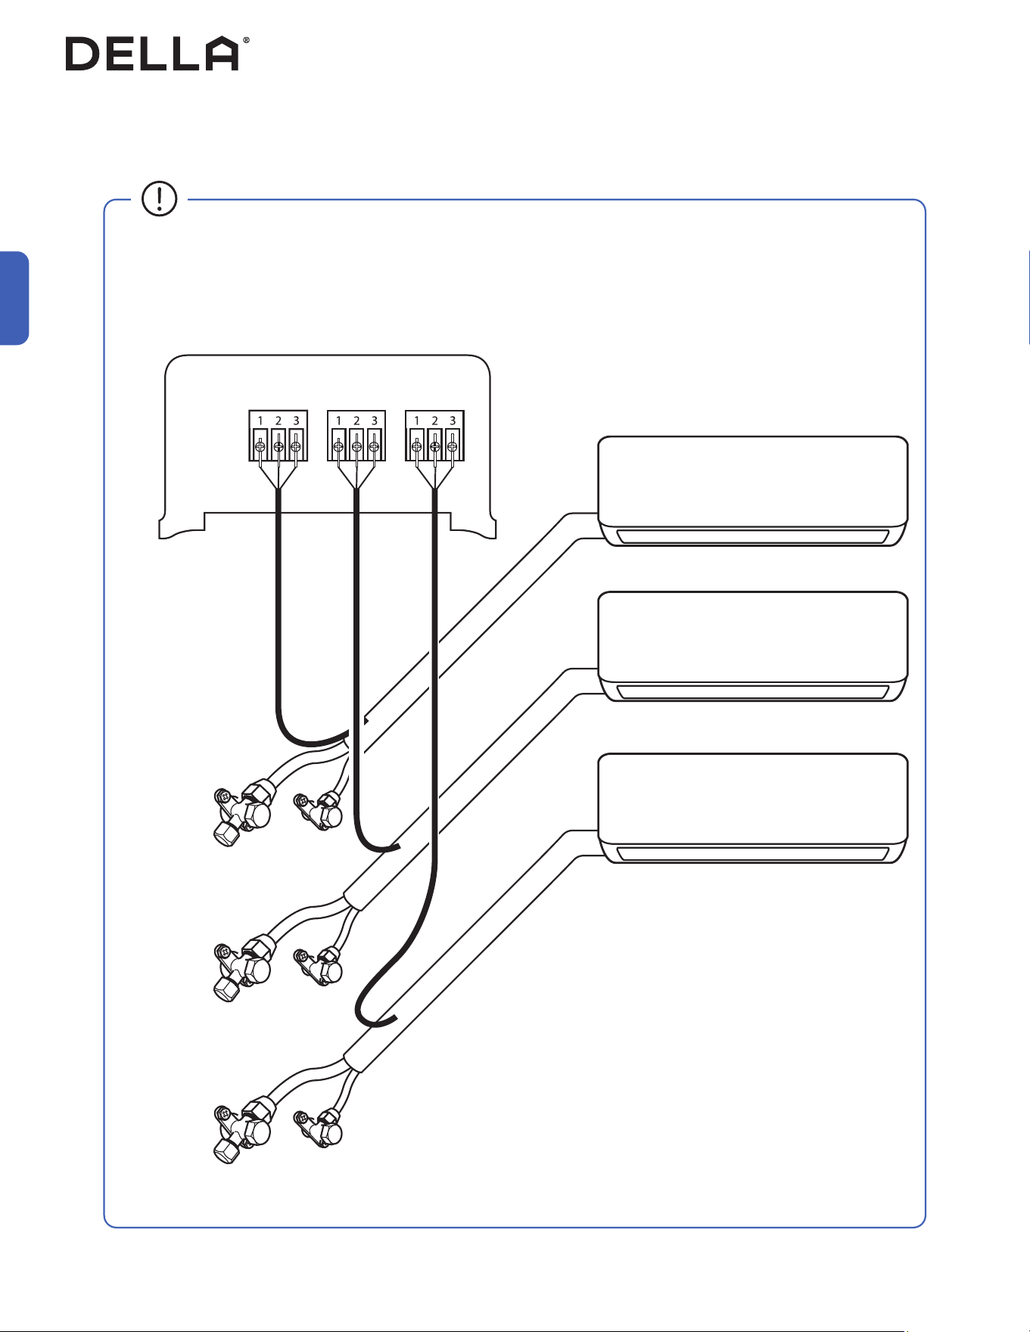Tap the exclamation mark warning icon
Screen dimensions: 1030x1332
pos(159,199)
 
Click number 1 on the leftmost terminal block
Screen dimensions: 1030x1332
pos(260,421)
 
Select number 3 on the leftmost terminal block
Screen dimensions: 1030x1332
pos(296,421)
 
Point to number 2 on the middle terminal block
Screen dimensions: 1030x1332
pos(356,421)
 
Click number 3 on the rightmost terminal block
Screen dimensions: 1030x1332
pos(453,421)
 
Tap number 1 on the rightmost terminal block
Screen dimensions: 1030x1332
pos(416,421)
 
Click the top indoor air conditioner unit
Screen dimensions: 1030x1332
pos(753,491)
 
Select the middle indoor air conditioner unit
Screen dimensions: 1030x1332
pos(753,647)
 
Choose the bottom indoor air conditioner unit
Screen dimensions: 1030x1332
pos(753,809)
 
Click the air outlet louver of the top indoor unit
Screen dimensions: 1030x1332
pos(752,537)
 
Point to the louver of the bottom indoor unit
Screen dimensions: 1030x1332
pos(752,854)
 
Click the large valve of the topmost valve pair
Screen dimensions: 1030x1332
pos(244,814)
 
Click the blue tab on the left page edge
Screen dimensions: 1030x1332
pos(14,298)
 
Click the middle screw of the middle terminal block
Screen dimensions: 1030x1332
pos(356,446)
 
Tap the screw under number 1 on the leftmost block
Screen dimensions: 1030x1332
pos(260,446)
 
